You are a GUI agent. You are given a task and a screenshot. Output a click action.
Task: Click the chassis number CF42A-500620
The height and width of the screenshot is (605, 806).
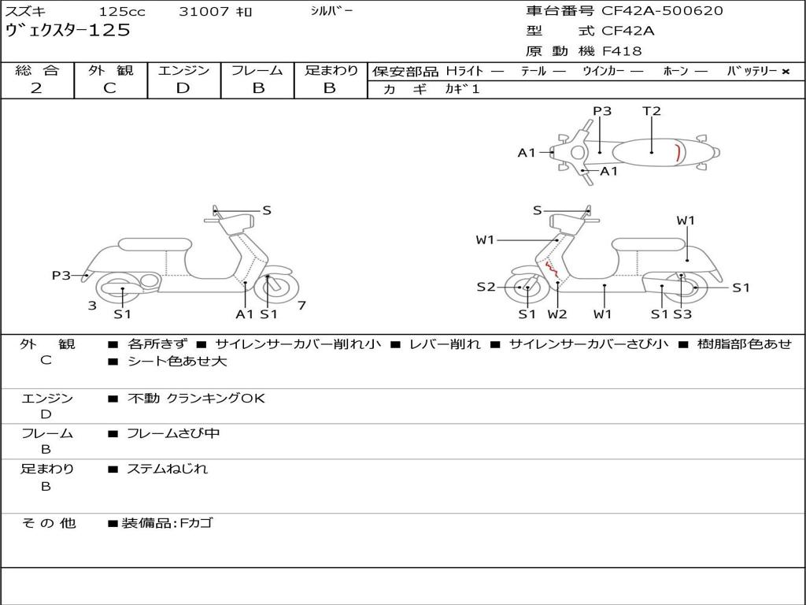coord(662,11)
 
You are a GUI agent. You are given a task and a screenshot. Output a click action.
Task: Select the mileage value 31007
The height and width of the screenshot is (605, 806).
coord(204,12)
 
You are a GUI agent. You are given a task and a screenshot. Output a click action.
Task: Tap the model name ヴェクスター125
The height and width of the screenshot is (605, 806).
coord(68,31)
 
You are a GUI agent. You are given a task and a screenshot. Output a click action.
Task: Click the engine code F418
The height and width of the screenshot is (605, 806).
coord(622,51)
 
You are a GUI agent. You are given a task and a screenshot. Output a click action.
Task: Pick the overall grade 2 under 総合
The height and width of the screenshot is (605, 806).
coord(36,88)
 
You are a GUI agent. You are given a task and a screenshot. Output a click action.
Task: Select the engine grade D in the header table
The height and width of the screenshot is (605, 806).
coord(183,88)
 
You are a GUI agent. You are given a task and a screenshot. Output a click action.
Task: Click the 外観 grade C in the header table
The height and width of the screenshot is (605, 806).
coord(109,88)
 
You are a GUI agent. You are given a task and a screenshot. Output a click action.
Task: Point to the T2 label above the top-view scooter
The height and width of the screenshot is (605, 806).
coord(652,111)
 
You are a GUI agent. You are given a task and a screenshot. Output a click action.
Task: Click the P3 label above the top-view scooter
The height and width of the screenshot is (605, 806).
coord(602,111)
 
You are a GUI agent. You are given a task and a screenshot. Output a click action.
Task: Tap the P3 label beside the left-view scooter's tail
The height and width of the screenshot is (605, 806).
coord(61,276)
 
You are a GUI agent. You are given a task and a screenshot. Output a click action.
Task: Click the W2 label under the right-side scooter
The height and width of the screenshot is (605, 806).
coord(557,314)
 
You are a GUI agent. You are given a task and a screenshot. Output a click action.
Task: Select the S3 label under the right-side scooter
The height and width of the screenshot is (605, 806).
coord(682,314)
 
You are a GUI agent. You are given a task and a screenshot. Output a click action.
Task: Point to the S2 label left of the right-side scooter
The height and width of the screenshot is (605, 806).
coord(486,288)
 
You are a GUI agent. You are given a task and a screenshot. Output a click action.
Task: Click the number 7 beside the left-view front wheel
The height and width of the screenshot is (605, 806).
coord(302,305)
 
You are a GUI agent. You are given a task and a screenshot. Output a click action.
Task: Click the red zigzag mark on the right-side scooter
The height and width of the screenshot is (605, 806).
coord(553,272)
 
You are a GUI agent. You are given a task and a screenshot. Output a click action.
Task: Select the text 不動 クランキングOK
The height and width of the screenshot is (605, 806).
coord(196,399)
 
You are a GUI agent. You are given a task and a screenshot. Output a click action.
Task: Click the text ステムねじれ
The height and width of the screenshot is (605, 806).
coord(168,469)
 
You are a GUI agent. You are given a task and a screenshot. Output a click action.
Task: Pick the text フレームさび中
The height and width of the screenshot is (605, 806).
coord(173,433)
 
